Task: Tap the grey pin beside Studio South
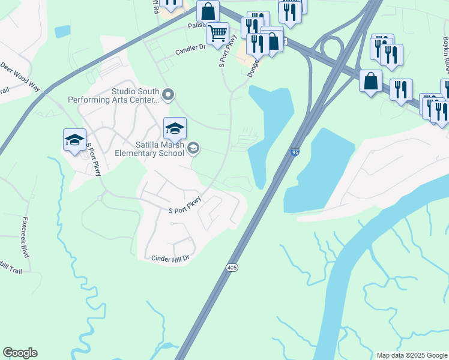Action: click(x=168, y=94)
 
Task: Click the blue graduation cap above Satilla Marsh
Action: click(x=175, y=128)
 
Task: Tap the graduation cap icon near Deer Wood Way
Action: click(x=74, y=140)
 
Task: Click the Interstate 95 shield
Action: click(x=294, y=153)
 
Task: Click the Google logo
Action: click(x=20, y=353)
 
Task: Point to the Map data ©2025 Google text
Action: click(x=412, y=355)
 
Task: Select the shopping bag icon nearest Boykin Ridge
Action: click(x=370, y=80)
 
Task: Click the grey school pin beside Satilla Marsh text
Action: click(x=193, y=148)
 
